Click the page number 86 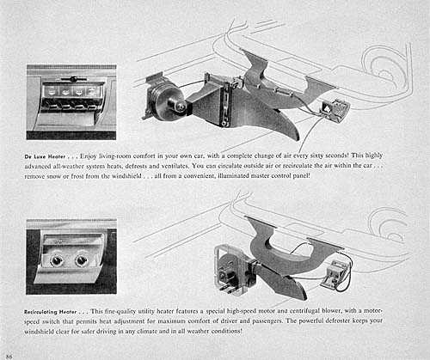tap(9, 357)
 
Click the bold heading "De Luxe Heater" tap(45, 156)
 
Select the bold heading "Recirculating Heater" tap(51, 312)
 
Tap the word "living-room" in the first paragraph tap(115, 156)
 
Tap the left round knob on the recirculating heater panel tap(56, 260)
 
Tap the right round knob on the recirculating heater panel tap(82, 260)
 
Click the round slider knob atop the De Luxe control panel tap(74, 79)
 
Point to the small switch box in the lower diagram tap(333, 273)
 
